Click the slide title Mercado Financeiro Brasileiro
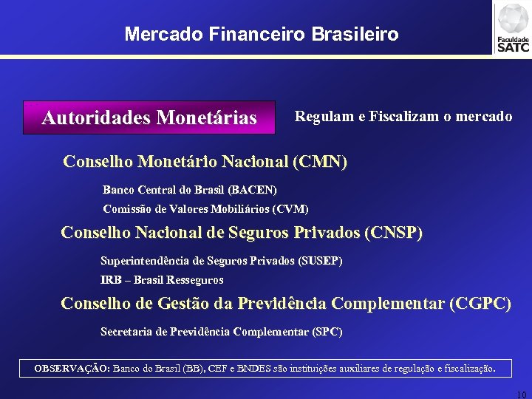[x=262, y=34]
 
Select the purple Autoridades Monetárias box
[x=149, y=117]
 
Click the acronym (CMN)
[x=320, y=161]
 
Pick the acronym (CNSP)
[x=394, y=233]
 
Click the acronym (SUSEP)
[x=319, y=261]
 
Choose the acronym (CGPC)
[x=480, y=304]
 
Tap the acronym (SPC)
[x=327, y=332]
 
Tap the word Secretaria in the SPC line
[x=126, y=332]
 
